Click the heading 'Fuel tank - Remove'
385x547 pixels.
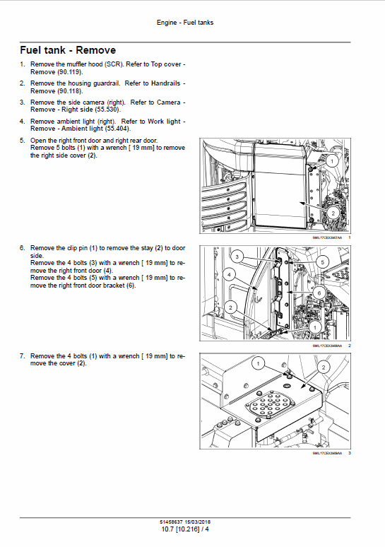coord(68,50)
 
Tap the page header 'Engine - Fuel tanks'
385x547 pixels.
coord(184,23)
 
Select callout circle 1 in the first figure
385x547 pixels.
coord(333,161)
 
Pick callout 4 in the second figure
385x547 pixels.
coord(228,273)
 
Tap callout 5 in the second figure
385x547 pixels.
coord(322,261)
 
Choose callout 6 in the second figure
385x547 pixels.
coord(318,292)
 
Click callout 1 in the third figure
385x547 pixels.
coord(259,363)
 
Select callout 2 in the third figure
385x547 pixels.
coord(323,367)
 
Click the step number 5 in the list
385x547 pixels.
coord(22,141)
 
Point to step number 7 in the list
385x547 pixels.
coord(22,355)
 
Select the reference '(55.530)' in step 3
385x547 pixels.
coord(105,110)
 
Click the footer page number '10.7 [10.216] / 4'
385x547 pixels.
coord(184,529)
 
